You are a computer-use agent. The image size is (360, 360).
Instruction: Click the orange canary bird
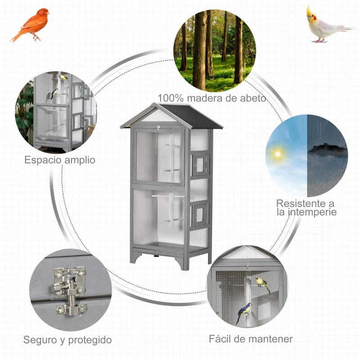(31, 25)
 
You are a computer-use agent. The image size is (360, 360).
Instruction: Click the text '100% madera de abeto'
(212, 98)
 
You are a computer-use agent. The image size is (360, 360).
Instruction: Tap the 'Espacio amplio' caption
(60, 160)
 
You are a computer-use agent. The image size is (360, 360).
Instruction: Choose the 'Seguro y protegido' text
(67, 340)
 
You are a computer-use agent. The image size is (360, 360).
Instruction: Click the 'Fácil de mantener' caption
(251, 339)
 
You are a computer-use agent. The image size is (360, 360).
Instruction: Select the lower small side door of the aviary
(200, 213)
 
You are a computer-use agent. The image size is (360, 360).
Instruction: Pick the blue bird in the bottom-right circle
(244, 312)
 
